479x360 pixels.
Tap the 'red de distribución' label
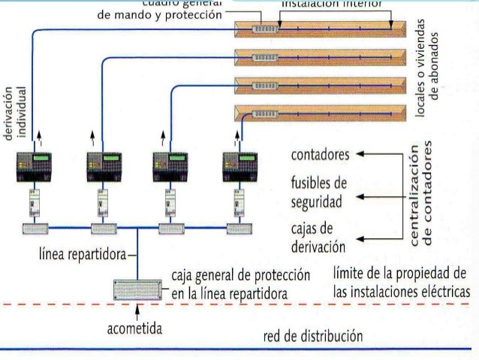pyautogui.click(x=313, y=337)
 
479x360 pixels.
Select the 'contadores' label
pyautogui.click(x=320, y=156)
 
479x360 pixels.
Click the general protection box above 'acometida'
pyautogui.click(x=137, y=290)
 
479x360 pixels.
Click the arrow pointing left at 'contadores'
pyautogui.click(x=359, y=154)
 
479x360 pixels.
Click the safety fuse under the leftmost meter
pyautogui.click(x=35, y=203)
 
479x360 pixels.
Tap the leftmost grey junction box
pyautogui.click(x=35, y=228)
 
